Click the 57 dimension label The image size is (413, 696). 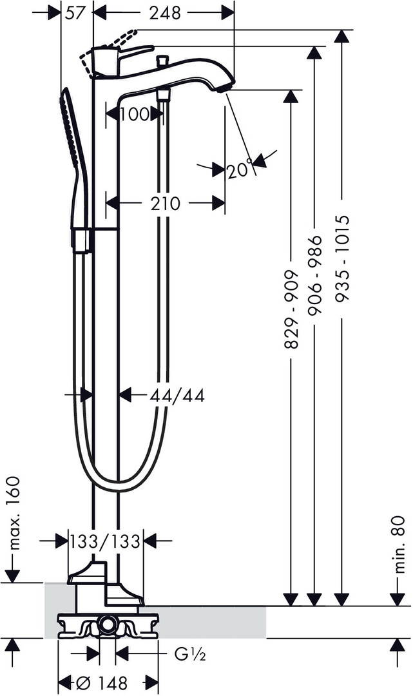click(74, 12)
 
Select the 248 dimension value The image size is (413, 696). click(165, 12)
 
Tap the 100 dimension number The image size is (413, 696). click(134, 114)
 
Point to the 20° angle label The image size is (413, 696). click(240, 169)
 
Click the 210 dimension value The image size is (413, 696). click(166, 204)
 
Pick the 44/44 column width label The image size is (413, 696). click(177, 396)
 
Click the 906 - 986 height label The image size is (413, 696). click(314, 275)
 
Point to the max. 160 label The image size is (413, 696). click(14, 513)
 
